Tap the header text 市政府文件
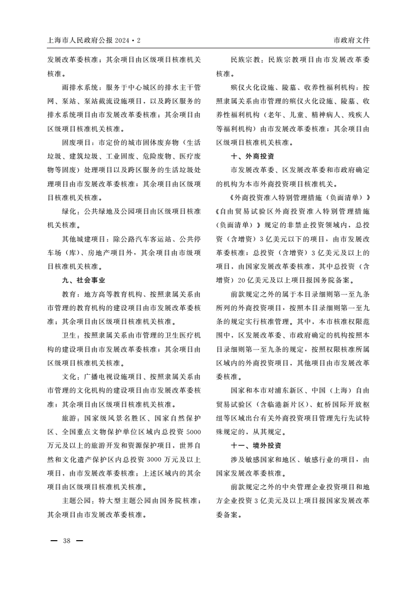[351, 40]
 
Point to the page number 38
[67, 541]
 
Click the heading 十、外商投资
[252, 156]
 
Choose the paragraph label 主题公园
[76, 500]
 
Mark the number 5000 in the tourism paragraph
[194, 432]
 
